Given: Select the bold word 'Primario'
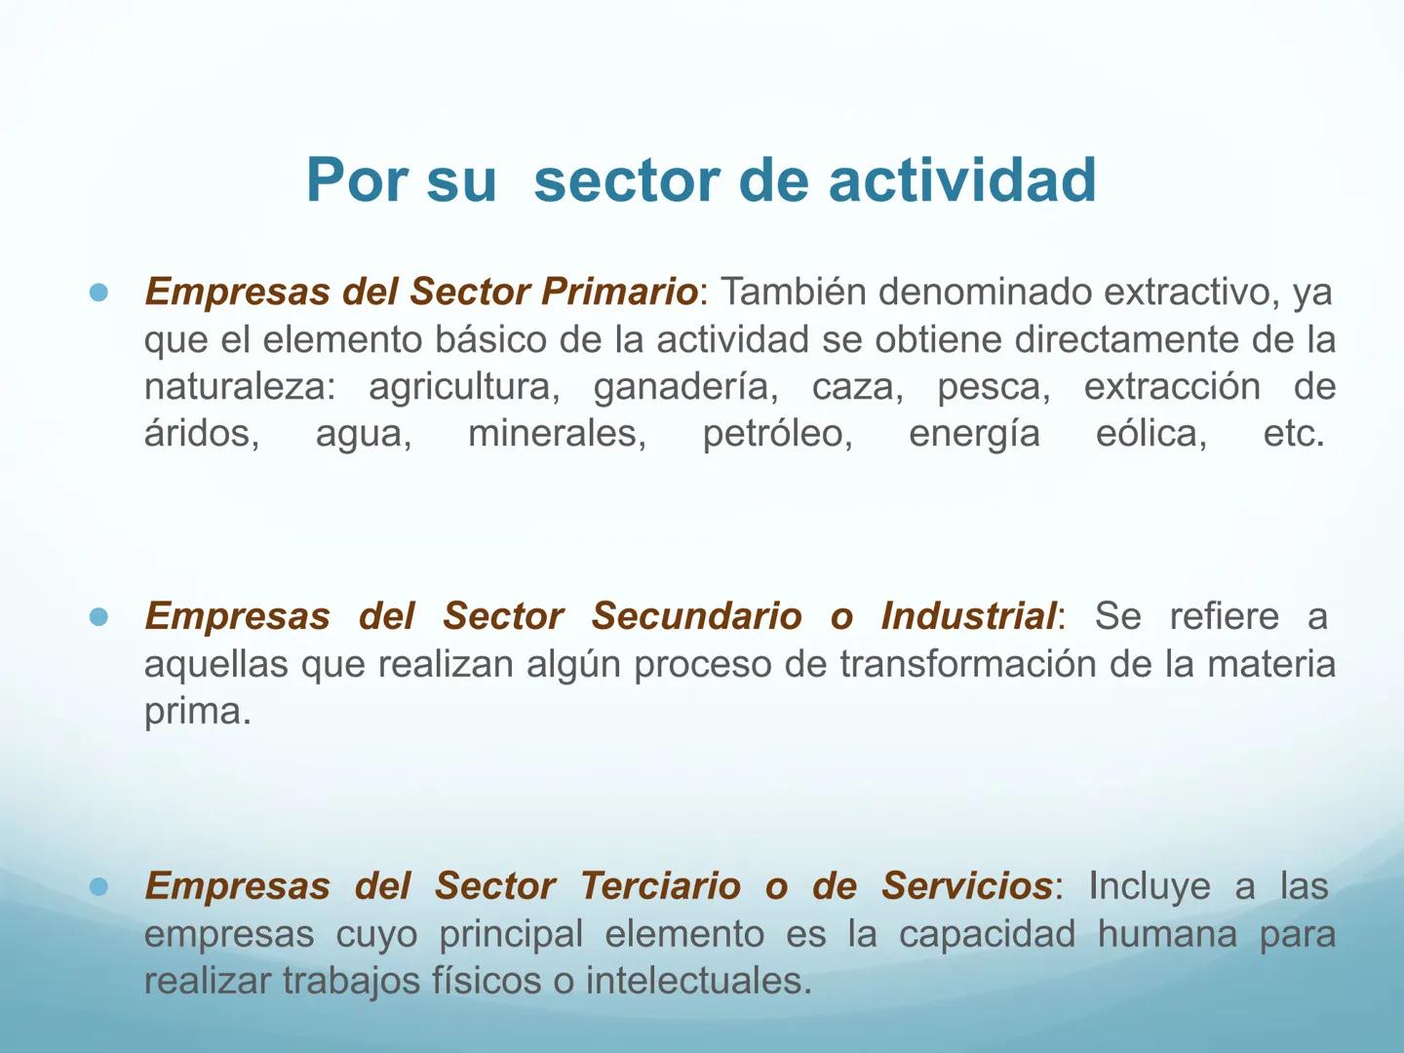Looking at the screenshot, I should coord(619,292).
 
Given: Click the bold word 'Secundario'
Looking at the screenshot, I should coord(696,616).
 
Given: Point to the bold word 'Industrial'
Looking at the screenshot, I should coord(967,616).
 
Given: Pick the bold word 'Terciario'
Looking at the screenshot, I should coord(660,886).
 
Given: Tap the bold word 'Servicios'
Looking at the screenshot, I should coord(966,886).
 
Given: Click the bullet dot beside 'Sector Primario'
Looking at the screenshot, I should coord(98,292).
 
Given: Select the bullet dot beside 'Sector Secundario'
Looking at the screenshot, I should coord(98,617).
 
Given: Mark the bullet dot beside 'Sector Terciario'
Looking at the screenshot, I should coord(98,887).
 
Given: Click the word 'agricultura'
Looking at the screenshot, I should coord(463,387).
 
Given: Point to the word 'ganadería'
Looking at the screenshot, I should coord(685,387).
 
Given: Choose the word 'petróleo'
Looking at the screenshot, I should coord(777,434).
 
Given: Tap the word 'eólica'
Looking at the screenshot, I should coord(1150,434).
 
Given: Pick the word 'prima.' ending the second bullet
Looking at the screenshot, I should coord(197,711).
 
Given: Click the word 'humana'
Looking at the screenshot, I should coord(1167,934).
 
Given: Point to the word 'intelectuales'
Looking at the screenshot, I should coord(697,981).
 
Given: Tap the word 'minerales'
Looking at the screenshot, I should coord(557,434).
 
